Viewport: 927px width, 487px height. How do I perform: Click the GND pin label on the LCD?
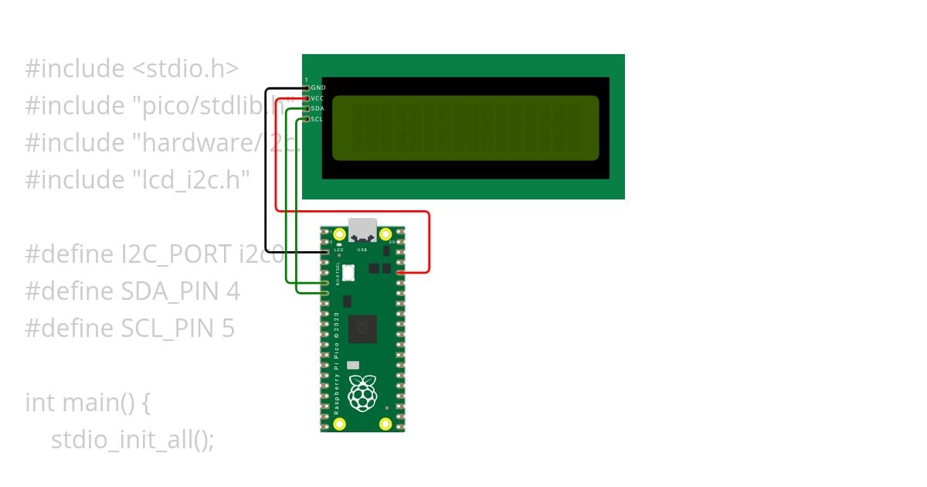[x=317, y=88]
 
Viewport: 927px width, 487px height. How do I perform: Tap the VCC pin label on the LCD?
[x=317, y=98]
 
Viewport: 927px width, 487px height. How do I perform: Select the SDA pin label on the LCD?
[x=317, y=109]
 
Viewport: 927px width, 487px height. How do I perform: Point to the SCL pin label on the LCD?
[x=317, y=119]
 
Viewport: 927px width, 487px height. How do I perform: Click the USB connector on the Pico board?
[x=362, y=231]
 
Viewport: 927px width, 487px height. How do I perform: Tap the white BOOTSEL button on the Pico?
[x=348, y=272]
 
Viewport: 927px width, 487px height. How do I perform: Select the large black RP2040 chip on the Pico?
[x=362, y=329]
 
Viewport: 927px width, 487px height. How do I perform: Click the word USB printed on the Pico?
[x=362, y=250]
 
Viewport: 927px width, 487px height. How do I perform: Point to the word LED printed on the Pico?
[x=338, y=250]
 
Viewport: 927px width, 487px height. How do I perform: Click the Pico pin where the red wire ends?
[x=399, y=273]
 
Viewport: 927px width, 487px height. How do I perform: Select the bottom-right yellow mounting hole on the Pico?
[x=385, y=424]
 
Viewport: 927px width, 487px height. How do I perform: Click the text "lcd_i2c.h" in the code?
[x=188, y=180]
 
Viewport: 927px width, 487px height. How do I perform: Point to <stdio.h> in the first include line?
[x=185, y=69]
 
